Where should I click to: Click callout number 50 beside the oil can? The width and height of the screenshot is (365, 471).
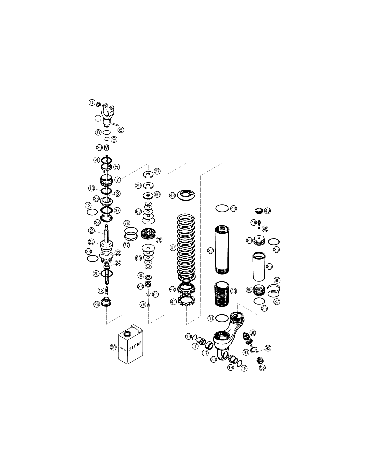[x=113, y=347]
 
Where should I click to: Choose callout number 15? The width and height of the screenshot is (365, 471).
[x=92, y=103]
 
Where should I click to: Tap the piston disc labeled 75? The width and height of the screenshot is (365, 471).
[x=148, y=234]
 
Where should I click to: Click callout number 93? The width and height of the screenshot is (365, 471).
[x=262, y=368]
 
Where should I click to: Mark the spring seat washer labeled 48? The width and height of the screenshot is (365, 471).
[x=186, y=195]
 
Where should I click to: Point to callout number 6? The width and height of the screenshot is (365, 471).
[x=121, y=130]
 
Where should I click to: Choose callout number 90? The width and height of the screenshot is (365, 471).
[x=253, y=333]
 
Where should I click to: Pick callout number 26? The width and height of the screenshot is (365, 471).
[x=97, y=304]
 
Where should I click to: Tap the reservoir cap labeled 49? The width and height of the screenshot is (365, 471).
[x=259, y=211]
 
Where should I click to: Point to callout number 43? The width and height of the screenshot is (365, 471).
[x=233, y=209]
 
